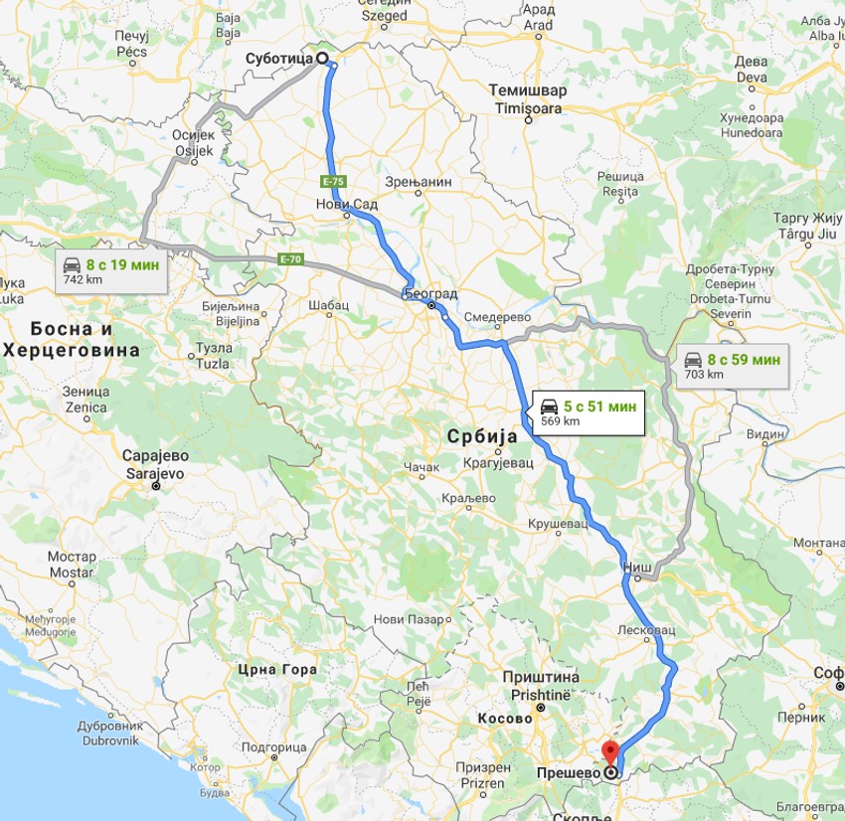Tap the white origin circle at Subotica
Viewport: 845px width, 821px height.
click(322, 58)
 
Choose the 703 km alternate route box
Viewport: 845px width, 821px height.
click(733, 366)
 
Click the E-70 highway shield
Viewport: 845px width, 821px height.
click(289, 259)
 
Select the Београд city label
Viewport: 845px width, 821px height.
click(430, 293)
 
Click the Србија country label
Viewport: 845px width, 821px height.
click(480, 436)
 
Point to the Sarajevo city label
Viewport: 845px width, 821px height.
click(154, 474)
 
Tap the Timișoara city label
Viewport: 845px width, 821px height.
click(527, 107)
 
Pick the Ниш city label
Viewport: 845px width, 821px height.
click(636, 567)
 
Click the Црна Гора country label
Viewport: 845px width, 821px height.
click(278, 669)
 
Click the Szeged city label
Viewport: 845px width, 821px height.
click(384, 15)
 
